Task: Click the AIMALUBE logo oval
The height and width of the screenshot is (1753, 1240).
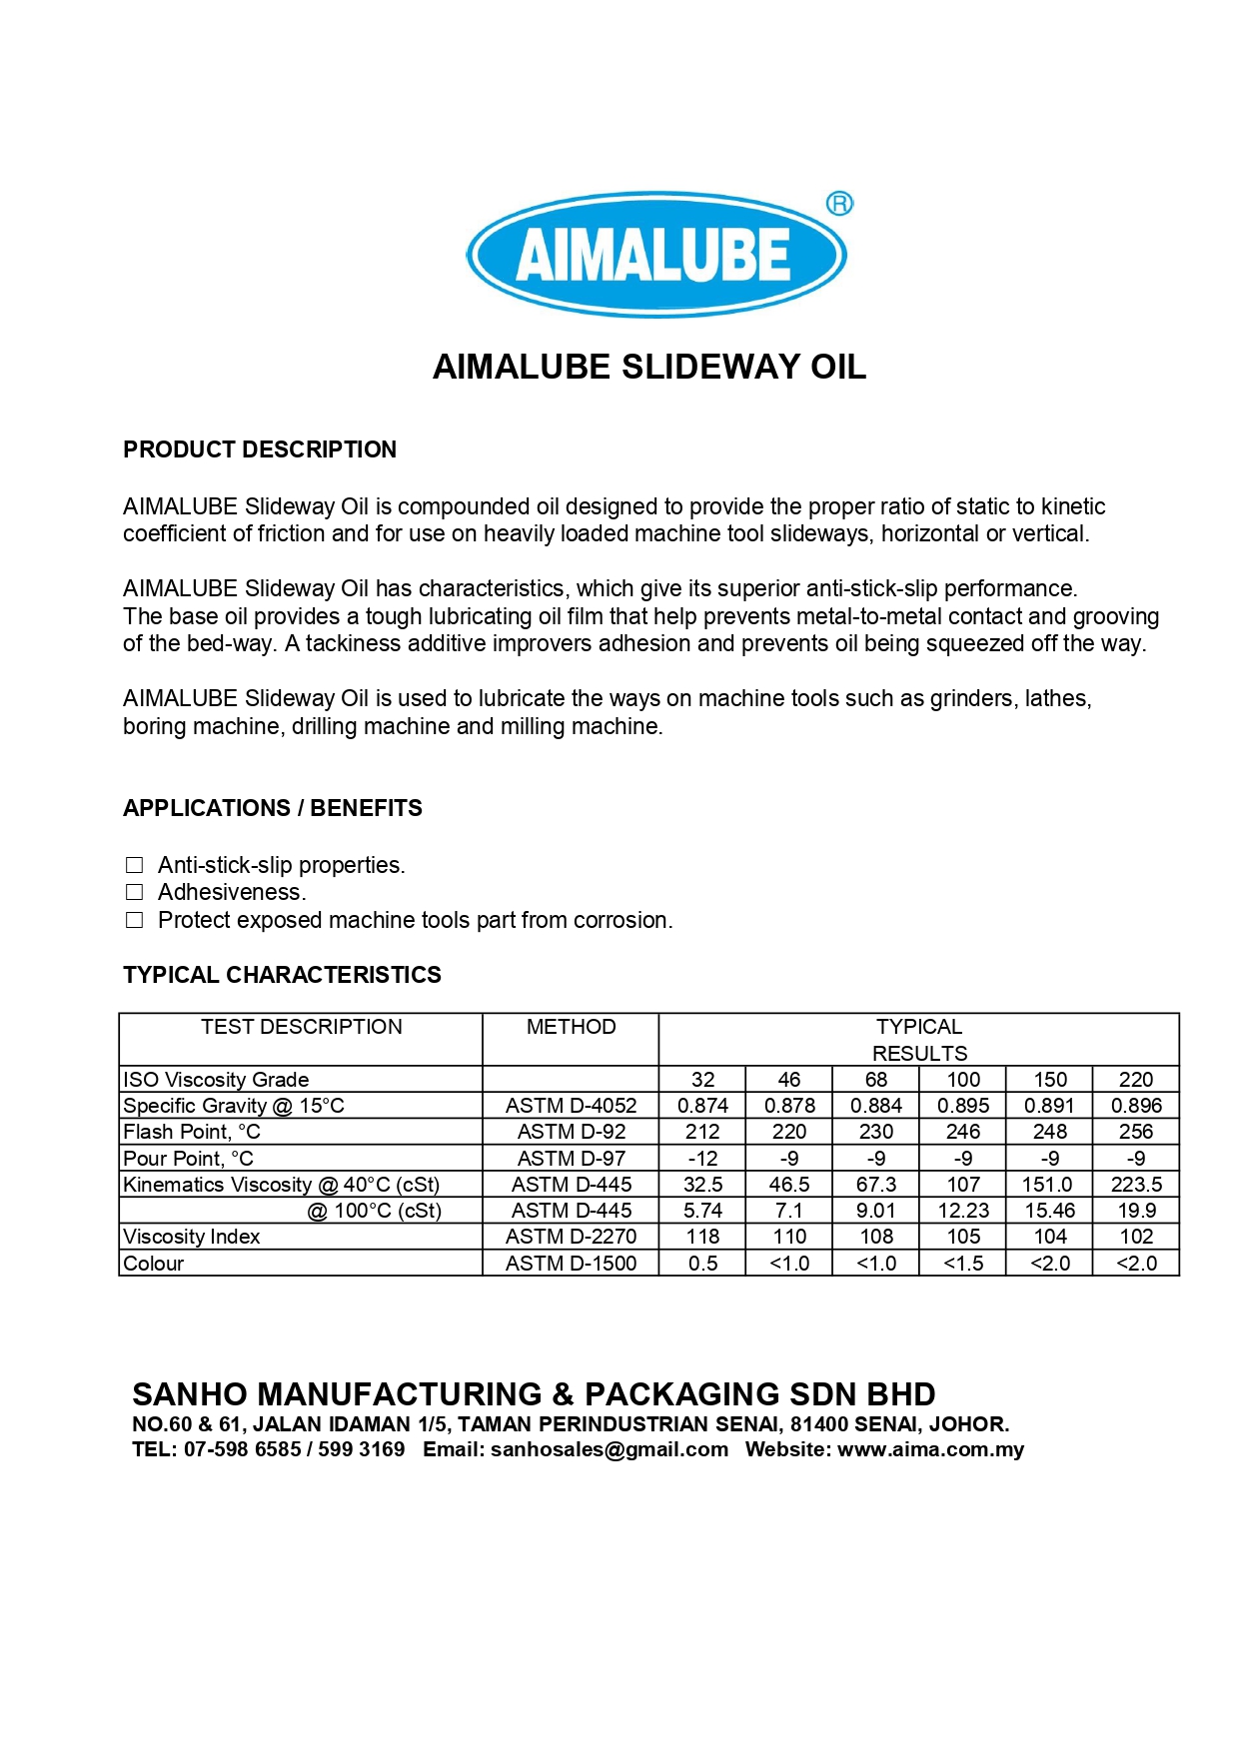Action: [x=655, y=254]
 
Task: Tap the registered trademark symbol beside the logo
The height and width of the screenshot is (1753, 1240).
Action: [x=839, y=204]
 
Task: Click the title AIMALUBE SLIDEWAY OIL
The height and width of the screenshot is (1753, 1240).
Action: [x=648, y=367]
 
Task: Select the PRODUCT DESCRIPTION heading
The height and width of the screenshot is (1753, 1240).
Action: [x=260, y=449]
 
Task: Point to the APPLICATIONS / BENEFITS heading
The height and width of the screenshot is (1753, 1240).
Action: [x=272, y=808]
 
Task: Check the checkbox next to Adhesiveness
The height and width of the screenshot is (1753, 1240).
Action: [x=134, y=892]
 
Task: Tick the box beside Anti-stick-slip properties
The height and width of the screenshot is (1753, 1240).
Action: [x=134, y=865]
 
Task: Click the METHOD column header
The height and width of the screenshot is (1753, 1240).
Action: [x=571, y=1027]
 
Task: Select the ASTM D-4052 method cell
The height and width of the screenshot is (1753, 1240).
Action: [x=571, y=1106]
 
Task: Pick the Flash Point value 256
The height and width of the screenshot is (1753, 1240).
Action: [x=1136, y=1132]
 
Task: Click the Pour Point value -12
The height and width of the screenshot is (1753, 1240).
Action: [x=702, y=1159]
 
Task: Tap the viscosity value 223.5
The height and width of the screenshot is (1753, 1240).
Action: [x=1136, y=1185]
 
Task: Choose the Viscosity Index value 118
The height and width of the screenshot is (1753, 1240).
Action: [x=702, y=1237]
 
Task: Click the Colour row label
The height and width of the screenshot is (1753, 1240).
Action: [x=154, y=1264]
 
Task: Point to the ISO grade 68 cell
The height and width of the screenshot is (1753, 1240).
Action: [x=875, y=1080]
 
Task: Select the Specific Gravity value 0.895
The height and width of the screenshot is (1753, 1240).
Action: [x=963, y=1106]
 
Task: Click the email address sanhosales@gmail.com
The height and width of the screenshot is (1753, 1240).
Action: [x=610, y=1449]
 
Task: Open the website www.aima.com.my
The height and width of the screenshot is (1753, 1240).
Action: [x=930, y=1449]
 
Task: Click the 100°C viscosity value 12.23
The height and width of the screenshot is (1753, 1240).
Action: [x=963, y=1211]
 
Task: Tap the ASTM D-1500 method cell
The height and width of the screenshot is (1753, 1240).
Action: [x=571, y=1264]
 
